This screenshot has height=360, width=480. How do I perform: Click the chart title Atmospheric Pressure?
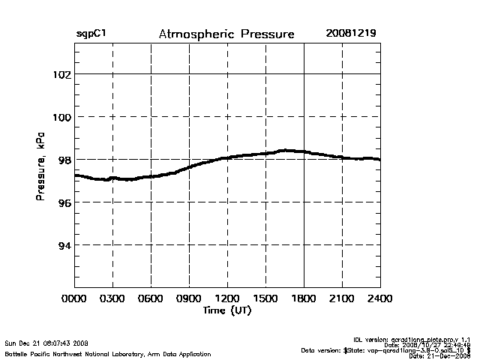226,34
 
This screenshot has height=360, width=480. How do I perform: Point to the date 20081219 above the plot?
351,34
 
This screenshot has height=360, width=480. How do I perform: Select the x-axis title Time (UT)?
226,310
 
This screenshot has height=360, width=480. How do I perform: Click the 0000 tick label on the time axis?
74,298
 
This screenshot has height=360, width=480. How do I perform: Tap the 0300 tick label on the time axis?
112,298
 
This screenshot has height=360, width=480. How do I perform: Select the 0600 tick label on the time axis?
151,298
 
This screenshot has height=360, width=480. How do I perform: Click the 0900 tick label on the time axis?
189,298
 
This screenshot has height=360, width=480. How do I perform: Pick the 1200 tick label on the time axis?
227,298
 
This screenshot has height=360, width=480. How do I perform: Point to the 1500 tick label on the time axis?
265,298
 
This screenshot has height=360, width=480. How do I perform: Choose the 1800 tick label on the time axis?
304,298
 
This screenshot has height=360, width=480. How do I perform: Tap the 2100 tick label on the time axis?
342,298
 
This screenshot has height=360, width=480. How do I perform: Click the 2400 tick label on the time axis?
380,298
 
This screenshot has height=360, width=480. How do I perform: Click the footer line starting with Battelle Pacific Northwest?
107,353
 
